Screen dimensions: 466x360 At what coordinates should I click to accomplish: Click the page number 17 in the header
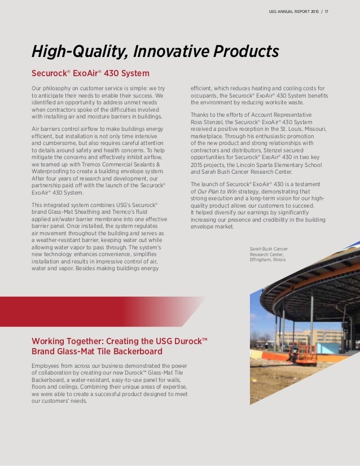(326, 11)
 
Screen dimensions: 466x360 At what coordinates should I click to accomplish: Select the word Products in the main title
(250, 52)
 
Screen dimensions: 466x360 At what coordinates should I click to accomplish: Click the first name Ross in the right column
(197, 122)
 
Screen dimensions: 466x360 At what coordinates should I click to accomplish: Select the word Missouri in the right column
(312, 129)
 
